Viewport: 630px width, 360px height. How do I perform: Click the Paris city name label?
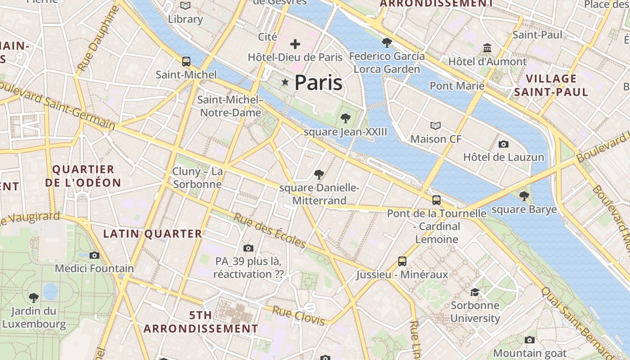point(318,83)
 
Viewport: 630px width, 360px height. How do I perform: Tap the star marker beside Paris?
point(285,82)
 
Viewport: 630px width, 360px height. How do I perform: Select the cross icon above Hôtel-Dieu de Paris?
point(295,44)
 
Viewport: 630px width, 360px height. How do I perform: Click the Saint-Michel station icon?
point(186,62)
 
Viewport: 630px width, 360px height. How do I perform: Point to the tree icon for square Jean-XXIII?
point(345,118)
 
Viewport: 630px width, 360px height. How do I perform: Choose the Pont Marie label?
point(457,85)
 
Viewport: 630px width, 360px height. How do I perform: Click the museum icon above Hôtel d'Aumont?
point(487,48)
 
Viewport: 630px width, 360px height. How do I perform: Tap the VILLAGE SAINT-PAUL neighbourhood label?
point(551,85)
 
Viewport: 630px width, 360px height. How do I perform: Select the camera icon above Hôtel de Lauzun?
point(504,144)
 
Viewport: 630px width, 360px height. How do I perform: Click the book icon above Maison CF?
point(435,126)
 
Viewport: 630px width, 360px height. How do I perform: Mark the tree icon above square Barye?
point(524,196)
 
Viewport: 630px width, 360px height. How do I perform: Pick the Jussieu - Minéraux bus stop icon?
point(402,261)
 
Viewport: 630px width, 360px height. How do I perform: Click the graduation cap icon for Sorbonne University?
point(475,292)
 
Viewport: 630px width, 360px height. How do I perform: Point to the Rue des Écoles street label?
point(270,230)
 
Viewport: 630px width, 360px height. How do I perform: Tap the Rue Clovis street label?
point(298,315)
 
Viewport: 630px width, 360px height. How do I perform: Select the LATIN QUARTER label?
point(153,234)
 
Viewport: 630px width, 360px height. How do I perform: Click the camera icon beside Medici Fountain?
point(94,255)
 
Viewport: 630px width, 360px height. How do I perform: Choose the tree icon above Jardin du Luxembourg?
point(34,297)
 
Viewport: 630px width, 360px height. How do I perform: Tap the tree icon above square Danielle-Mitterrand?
point(319,174)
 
